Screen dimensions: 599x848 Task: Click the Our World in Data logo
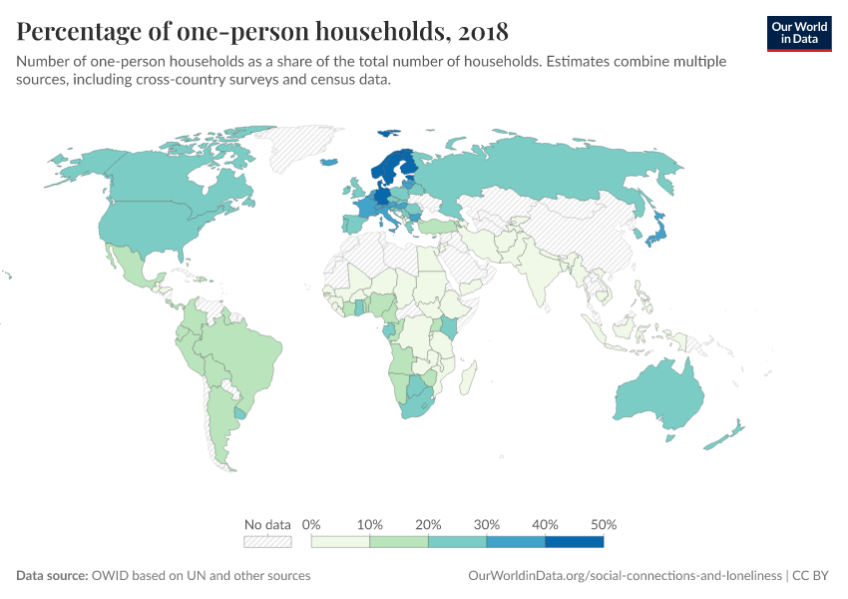tap(799, 32)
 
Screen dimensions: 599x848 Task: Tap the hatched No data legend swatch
tap(267, 542)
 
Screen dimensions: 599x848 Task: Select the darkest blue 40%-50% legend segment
tap(574, 542)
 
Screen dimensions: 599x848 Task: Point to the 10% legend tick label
tap(370, 524)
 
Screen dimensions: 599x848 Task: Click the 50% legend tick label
tap(604, 524)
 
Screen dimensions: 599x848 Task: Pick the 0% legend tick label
tap(311, 524)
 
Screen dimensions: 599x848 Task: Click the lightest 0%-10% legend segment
tap(340, 542)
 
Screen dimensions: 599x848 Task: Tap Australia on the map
tap(659, 395)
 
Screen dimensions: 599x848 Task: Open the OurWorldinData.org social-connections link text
tap(625, 576)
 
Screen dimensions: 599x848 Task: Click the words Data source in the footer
tap(51, 576)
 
